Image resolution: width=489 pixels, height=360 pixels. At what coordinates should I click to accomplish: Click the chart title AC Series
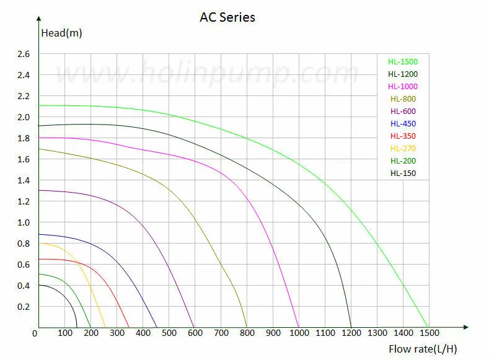click(227, 17)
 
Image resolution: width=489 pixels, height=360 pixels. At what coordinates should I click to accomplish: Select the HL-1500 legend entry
click(402, 61)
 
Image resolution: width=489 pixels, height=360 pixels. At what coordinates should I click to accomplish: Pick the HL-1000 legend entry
click(402, 87)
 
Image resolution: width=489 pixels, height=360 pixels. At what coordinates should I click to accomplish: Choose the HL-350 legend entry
click(403, 136)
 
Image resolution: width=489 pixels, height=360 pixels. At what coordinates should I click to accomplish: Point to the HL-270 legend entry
click(403, 149)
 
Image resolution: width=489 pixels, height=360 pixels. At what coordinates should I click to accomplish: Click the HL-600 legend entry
click(403, 112)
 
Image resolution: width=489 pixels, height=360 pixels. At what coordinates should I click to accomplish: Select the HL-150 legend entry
click(403, 173)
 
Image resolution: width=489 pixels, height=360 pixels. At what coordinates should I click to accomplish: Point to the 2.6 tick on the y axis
click(24, 54)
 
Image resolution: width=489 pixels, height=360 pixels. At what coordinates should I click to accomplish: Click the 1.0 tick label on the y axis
click(24, 222)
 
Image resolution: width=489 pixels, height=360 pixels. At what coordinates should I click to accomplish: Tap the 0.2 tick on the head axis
click(24, 307)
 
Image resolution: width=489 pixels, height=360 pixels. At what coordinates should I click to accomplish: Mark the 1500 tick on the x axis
click(428, 335)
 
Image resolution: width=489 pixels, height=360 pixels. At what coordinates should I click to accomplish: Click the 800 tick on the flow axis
click(247, 335)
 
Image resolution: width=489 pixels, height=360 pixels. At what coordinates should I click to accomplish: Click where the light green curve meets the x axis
click(428, 327)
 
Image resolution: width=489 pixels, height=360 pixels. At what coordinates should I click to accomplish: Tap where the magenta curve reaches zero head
click(299, 327)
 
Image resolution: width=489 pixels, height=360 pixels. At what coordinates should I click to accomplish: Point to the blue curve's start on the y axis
click(39, 234)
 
